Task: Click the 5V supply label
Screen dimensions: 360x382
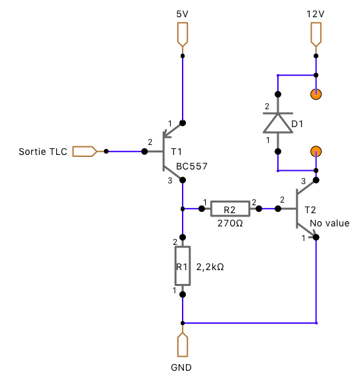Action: pyautogui.click(x=182, y=14)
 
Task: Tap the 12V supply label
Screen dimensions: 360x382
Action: pyautogui.click(x=316, y=14)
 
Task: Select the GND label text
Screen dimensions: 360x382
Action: pyautogui.click(x=181, y=367)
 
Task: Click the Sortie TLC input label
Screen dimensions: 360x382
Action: pyautogui.click(x=43, y=152)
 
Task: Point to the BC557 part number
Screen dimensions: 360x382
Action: pyautogui.click(x=192, y=166)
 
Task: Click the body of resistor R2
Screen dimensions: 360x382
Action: pyautogui.click(x=230, y=209)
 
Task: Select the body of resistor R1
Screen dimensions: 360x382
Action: pyautogui.click(x=183, y=265)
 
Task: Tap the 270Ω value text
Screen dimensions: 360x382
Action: pyautogui.click(x=230, y=223)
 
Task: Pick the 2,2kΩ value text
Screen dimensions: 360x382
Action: pyautogui.click(x=210, y=267)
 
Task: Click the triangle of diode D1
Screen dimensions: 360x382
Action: pyautogui.click(x=278, y=123)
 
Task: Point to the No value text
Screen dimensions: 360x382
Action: pyautogui.click(x=330, y=223)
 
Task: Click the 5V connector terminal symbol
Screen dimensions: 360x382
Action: pyautogui.click(x=183, y=34)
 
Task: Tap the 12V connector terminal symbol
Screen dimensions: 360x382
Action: pyautogui.click(x=316, y=34)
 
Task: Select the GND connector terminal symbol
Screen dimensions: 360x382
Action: pyautogui.click(x=183, y=344)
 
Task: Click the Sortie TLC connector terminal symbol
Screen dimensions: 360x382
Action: pyautogui.click(x=85, y=152)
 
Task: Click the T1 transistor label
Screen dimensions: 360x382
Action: pyautogui.click(x=176, y=152)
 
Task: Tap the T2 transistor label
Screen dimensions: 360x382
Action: pyautogui.click(x=310, y=210)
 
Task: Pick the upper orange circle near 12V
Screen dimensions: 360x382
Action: pyautogui.click(x=316, y=94)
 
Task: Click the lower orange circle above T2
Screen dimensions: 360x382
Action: pyautogui.click(x=316, y=152)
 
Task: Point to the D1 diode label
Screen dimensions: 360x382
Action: pyautogui.click(x=297, y=124)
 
